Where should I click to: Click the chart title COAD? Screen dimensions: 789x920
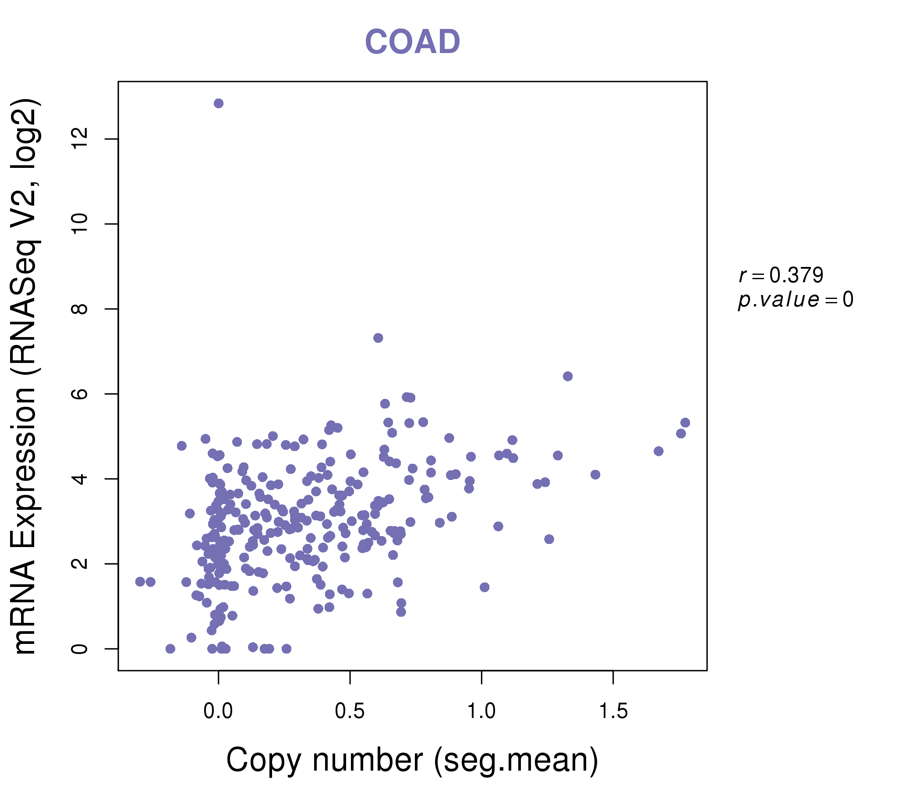click(412, 42)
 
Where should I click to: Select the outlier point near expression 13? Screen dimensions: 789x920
click(219, 103)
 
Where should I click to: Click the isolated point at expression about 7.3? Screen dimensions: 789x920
click(378, 338)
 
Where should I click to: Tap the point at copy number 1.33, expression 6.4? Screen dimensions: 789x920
click(567, 376)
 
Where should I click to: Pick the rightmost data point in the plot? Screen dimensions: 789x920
click(685, 423)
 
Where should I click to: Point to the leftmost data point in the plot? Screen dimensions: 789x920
click(140, 582)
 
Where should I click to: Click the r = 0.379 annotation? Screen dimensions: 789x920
click(781, 275)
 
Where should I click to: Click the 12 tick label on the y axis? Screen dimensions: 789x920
click(80, 139)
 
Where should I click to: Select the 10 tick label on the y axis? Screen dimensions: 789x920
click(80, 224)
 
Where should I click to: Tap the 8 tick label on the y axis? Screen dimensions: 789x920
click(80, 309)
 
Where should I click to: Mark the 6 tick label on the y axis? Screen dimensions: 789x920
click(80, 394)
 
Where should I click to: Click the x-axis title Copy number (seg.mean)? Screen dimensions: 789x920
click(412, 760)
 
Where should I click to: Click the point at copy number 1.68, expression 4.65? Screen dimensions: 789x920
click(658, 451)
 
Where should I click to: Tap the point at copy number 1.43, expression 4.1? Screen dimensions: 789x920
click(595, 474)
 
